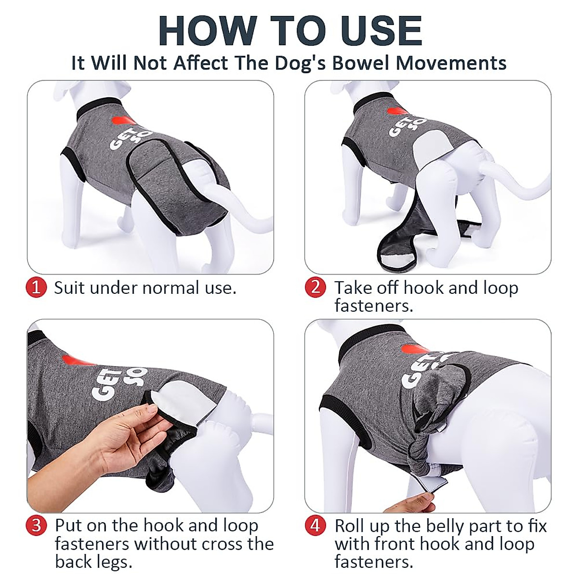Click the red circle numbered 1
36,288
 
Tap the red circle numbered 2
315,288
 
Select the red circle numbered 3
37,525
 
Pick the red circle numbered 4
315,525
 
